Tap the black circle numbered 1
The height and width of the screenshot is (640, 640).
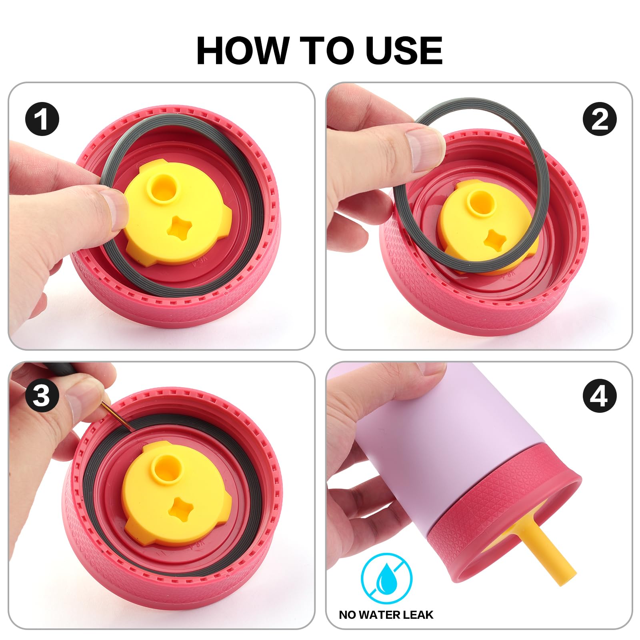point(42,119)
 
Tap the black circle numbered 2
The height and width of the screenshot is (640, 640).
point(600,119)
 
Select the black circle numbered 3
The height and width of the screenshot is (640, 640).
point(42,396)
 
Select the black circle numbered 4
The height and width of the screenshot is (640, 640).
point(600,396)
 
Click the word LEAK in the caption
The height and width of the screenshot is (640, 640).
point(416,614)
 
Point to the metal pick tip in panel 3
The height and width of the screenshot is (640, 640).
point(132,429)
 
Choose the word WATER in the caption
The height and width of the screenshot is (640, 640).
point(378,614)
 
